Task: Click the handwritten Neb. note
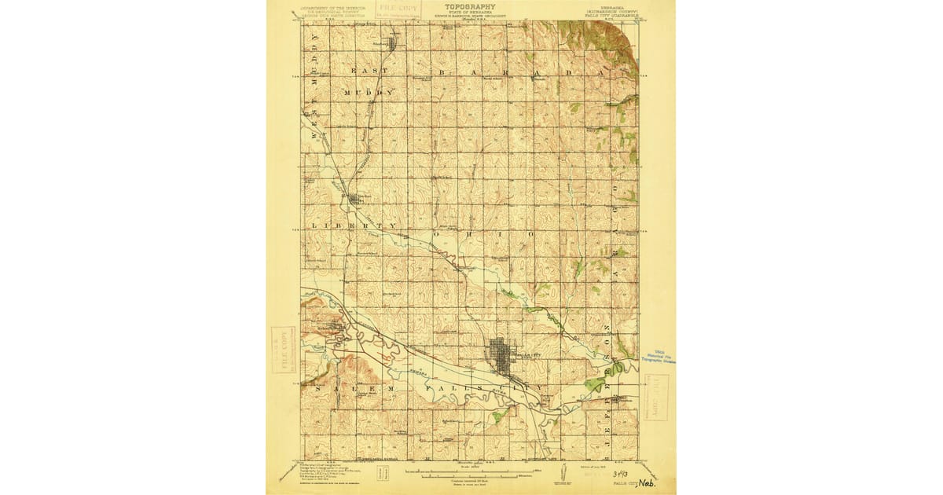[648, 483]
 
